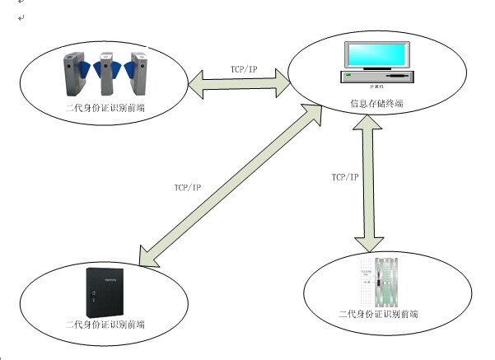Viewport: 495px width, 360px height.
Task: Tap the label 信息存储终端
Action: pos(376,105)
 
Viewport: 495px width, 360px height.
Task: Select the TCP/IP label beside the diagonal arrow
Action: pos(189,188)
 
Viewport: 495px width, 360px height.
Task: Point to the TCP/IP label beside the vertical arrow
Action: pos(345,177)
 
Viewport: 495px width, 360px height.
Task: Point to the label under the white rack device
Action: pos(378,315)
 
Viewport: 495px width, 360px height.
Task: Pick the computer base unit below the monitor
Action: pos(376,77)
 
